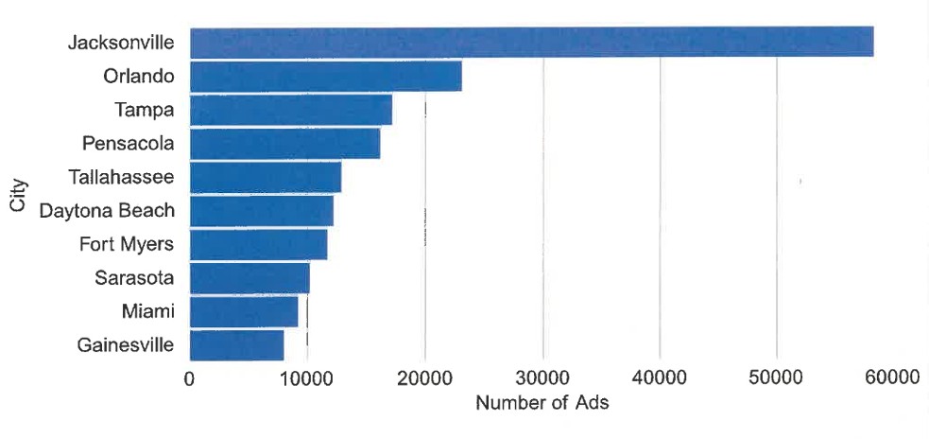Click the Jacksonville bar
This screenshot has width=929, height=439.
[x=531, y=43]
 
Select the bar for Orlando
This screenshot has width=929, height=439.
[x=326, y=77]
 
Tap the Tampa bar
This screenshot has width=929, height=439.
[x=291, y=110]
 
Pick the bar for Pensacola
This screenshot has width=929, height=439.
[x=284, y=144]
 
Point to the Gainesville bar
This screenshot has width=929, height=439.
[x=237, y=345]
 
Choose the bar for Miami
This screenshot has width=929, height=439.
[x=244, y=311]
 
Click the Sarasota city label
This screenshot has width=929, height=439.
[x=134, y=277]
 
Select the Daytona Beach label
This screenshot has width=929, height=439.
[x=107, y=210]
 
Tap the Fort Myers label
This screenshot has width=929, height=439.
[x=127, y=244]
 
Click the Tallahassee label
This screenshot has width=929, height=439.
[x=121, y=177]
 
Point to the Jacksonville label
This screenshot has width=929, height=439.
[x=121, y=43]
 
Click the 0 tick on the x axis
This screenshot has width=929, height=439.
[x=190, y=378]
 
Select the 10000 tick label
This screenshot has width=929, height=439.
[x=307, y=378]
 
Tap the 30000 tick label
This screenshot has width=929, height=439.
[x=542, y=378]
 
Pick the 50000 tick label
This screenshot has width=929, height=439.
[x=777, y=378]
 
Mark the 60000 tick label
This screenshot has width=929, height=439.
[x=894, y=378]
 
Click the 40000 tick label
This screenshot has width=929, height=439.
[x=660, y=378]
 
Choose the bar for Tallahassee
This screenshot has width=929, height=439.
[x=266, y=177]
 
